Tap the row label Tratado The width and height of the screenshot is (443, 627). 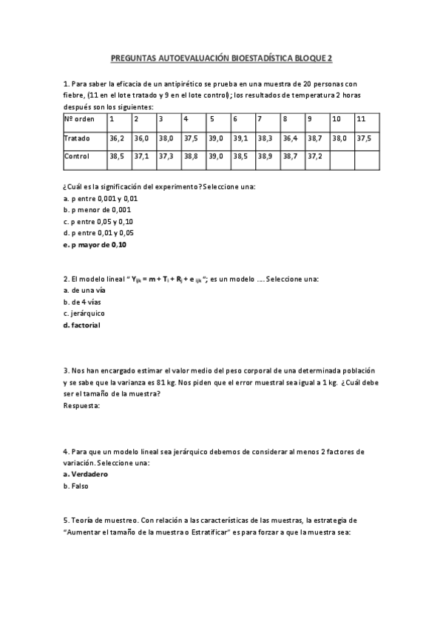point(77,138)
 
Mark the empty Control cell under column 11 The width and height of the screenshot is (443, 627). point(366,157)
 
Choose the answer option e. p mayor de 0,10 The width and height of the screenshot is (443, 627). point(95,245)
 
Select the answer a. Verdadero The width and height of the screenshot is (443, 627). point(86,474)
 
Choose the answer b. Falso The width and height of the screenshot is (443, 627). point(77,487)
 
